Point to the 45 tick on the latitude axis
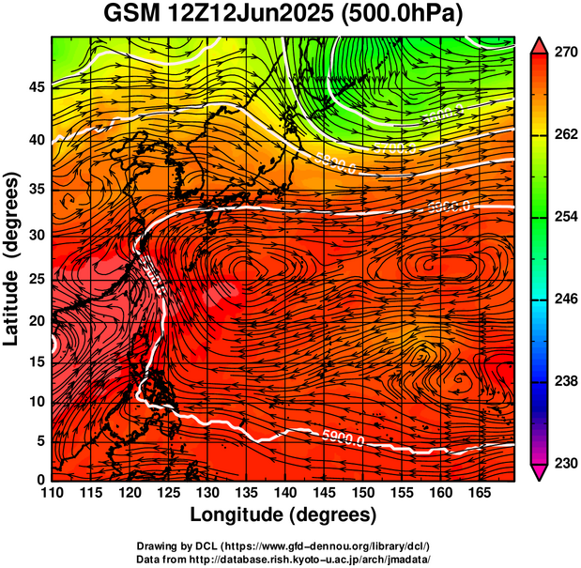click(37, 87)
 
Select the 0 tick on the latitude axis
click(41, 480)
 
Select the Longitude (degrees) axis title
click(283, 514)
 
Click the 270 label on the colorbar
click(564, 53)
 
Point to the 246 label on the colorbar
click(564, 299)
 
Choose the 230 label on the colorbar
click(564, 463)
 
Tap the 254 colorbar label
click(564, 217)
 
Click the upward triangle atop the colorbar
click(539, 44)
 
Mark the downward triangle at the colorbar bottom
click(539, 471)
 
